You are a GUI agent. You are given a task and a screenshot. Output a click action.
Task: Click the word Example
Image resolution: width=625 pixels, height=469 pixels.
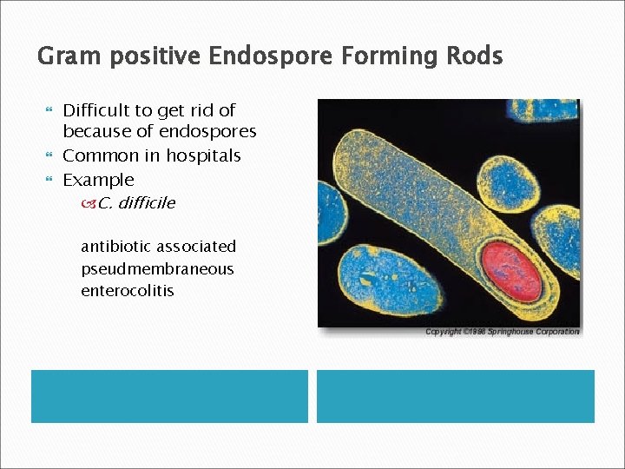coord(98,181)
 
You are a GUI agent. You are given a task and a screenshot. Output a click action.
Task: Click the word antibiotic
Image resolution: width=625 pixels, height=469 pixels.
coord(115,247)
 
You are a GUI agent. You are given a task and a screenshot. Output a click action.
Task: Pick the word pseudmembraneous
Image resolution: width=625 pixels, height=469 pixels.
coord(157,269)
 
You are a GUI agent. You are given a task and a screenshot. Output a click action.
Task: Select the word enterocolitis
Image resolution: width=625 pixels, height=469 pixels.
coord(127,291)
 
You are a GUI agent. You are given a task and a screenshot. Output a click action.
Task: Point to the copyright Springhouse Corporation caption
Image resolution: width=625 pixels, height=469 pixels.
coord(502,332)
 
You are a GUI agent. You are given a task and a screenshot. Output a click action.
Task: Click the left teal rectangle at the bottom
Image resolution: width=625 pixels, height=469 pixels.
coord(169,396)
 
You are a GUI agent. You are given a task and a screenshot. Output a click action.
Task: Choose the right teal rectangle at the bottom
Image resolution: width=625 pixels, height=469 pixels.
coord(455,396)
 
